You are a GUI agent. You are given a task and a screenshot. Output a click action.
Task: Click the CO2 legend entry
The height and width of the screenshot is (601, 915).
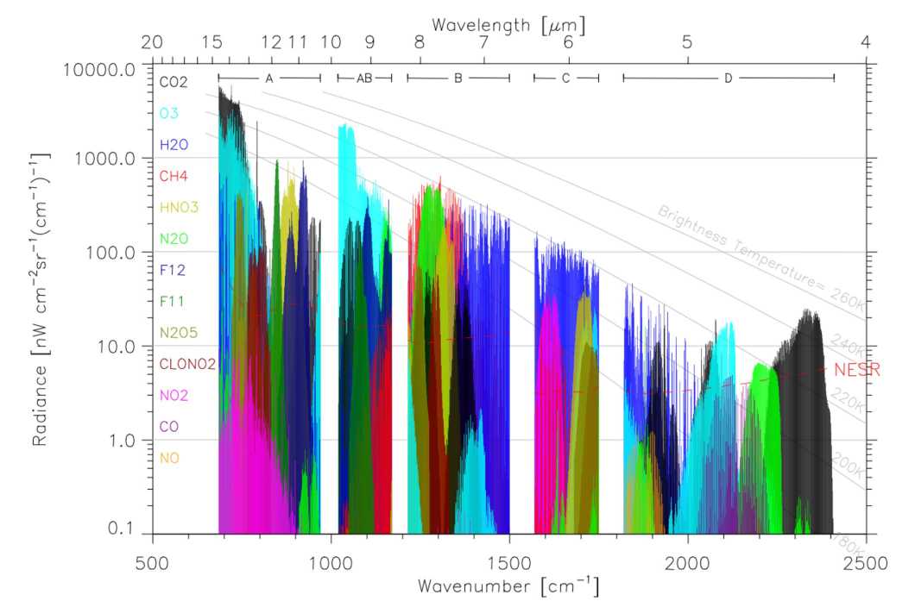[174, 82]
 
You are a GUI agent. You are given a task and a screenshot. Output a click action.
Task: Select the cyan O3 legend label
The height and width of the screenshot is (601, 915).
[168, 113]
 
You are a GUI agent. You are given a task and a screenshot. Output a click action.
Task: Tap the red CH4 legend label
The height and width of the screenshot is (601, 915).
[174, 176]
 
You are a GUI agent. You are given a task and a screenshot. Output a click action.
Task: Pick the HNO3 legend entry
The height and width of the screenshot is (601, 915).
[179, 207]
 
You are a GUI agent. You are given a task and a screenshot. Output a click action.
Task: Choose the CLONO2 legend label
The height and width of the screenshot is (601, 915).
[187, 364]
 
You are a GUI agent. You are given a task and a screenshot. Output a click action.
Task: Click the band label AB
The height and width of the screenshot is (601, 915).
[364, 78]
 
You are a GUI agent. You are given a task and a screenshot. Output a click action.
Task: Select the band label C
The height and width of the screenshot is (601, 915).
[565, 78]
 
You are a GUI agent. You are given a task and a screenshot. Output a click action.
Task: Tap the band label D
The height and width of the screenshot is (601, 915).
[728, 78]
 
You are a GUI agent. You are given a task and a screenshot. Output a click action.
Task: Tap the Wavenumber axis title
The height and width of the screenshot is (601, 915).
[507, 585]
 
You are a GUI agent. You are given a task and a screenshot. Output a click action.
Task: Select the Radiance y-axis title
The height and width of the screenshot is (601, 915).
[41, 298]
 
